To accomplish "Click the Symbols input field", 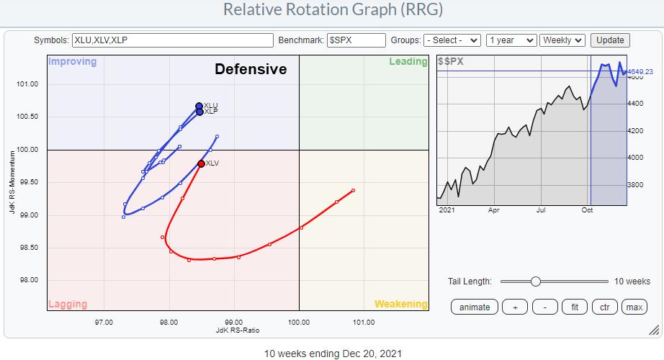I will tap(173, 40).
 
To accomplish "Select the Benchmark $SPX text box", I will tap(356, 40).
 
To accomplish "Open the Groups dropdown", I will tap(452, 40).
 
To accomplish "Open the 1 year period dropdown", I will tap(511, 40).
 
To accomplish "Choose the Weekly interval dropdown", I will tap(563, 40).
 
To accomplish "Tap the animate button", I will tap(475, 307).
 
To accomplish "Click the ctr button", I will tap(604, 307).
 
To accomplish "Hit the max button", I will tap(634, 307).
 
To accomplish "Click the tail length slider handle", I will tap(535, 282).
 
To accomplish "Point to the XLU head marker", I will tap(199, 107).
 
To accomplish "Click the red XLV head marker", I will tap(201, 163).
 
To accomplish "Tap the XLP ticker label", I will tap(211, 112).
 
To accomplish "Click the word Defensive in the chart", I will tap(251, 70).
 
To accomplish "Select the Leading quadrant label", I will tap(408, 62).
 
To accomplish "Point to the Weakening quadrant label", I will tap(400, 305).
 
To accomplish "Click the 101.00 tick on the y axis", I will tap(28, 84).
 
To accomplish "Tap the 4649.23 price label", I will tap(640, 72).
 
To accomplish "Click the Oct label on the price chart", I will tap(587, 211).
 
